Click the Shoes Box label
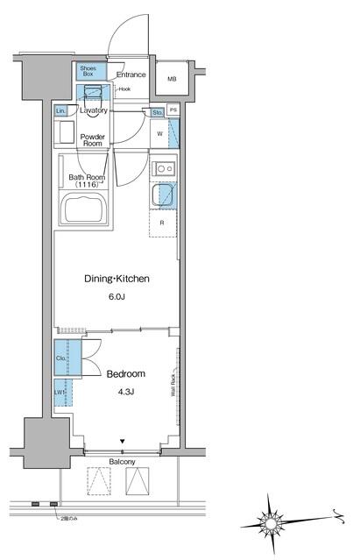tap(89, 71)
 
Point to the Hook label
tap(124, 89)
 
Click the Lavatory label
tap(94, 111)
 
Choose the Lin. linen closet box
tap(60, 111)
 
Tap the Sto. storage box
tap(157, 112)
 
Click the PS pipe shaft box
tap(173, 110)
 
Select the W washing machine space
tap(159, 133)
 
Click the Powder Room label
tap(93, 141)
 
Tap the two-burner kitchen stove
tap(162, 168)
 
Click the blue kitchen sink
tap(162, 196)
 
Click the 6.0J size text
tap(117, 298)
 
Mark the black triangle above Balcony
tap(123, 441)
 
